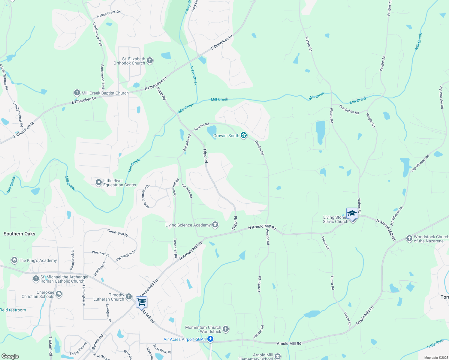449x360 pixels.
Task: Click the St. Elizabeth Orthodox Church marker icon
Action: coord(150,61)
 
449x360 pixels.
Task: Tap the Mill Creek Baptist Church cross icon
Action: coord(77,93)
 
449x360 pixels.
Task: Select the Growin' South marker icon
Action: coord(244,136)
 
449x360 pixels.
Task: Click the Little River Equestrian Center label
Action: coord(120,183)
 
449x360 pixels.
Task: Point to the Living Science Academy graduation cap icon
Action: coord(215,225)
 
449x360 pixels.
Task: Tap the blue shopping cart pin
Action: coord(141,301)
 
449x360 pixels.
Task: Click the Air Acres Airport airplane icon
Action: coord(210,339)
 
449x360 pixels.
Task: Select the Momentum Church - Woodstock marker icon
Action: coord(226,329)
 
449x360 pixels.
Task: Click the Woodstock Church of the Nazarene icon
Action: coord(409,238)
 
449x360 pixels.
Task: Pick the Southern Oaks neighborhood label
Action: coord(20,234)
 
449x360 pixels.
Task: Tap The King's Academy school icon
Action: coord(14,260)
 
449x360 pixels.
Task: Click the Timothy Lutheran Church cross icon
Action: coord(129,297)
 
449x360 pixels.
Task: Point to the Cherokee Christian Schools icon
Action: coord(59,294)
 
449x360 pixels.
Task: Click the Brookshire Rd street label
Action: coord(349,109)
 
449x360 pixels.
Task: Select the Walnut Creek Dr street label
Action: coord(108,14)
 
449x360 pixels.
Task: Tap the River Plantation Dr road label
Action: coord(146,196)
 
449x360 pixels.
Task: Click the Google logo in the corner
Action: coord(10,356)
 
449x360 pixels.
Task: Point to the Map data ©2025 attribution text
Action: coord(435,358)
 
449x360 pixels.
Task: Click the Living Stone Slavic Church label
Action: coord(335,219)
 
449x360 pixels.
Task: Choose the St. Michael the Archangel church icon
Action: coord(36,279)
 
